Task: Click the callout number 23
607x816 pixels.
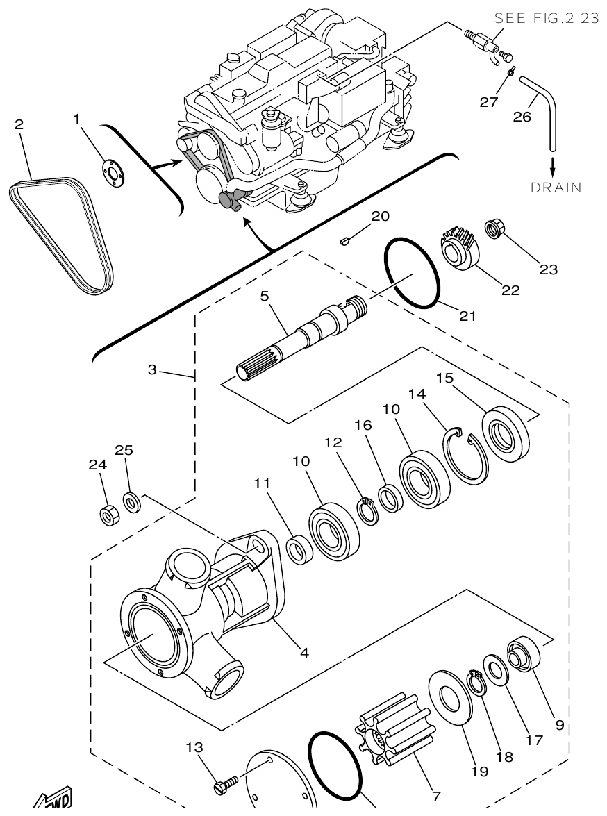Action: click(x=548, y=269)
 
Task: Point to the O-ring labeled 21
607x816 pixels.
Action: click(x=412, y=274)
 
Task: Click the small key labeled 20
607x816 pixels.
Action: click(x=343, y=240)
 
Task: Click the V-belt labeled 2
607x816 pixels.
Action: click(x=60, y=233)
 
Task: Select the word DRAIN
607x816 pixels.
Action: click(x=556, y=188)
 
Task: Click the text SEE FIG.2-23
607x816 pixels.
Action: click(x=546, y=19)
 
